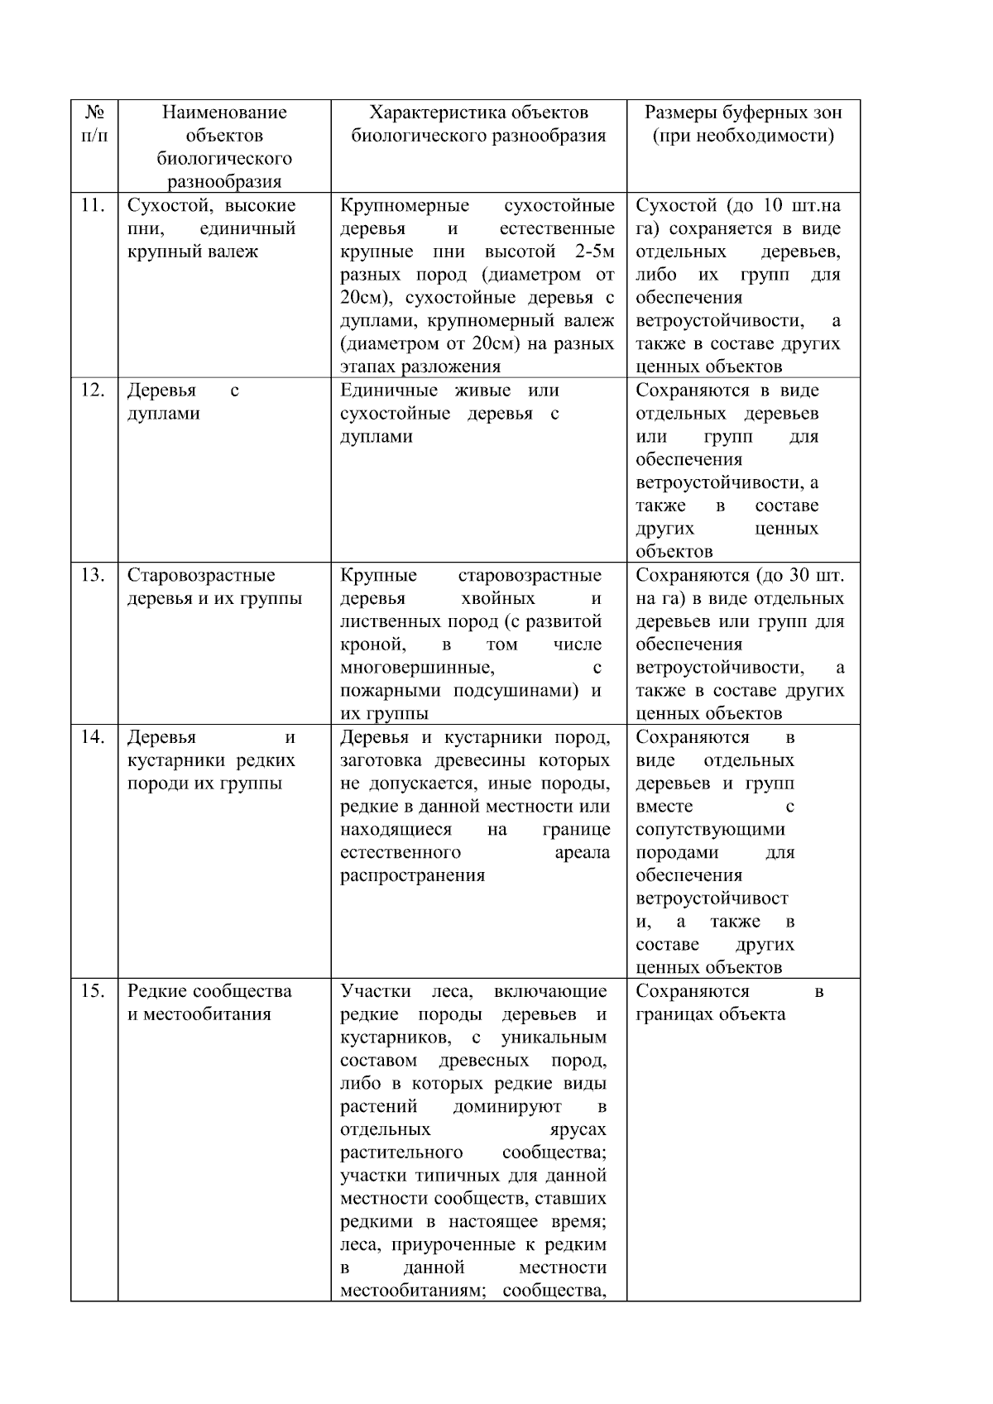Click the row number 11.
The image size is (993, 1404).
coord(92,205)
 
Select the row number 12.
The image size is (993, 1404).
coord(92,390)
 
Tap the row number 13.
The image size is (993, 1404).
coord(92,575)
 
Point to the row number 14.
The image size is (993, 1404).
coord(92,736)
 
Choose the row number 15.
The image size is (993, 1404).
coord(92,990)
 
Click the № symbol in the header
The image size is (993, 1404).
coord(94,113)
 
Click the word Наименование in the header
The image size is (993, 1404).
coord(224,113)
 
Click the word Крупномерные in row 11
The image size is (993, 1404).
coord(405,205)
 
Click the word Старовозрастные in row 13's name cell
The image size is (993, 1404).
coord(201,575)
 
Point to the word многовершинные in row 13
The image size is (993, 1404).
coord(417,668)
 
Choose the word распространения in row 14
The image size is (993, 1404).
coord(412,875)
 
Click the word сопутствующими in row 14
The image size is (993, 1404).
coord(710,829)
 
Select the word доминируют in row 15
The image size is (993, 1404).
coord(507,1106)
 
